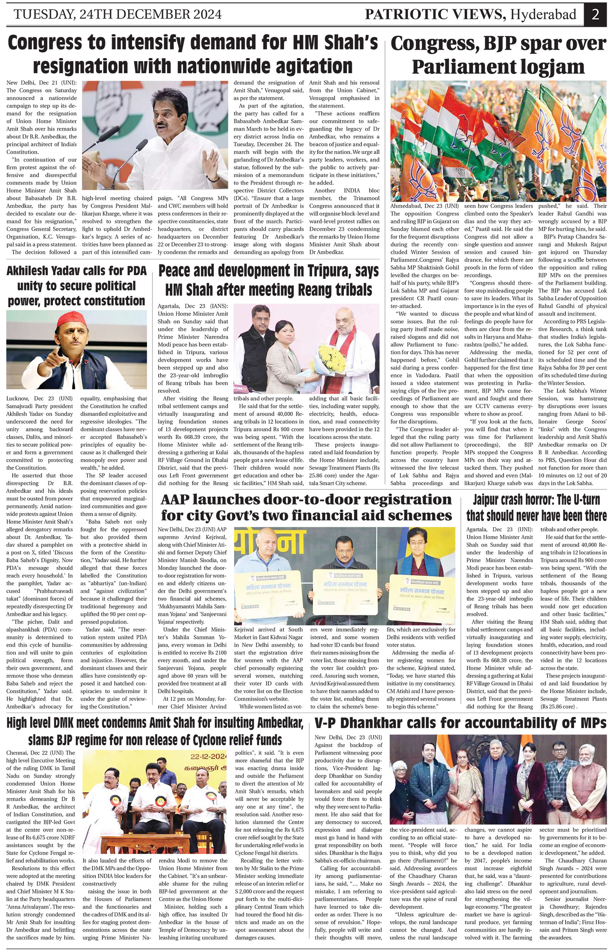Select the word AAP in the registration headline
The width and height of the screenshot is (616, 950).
[175, 500]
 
